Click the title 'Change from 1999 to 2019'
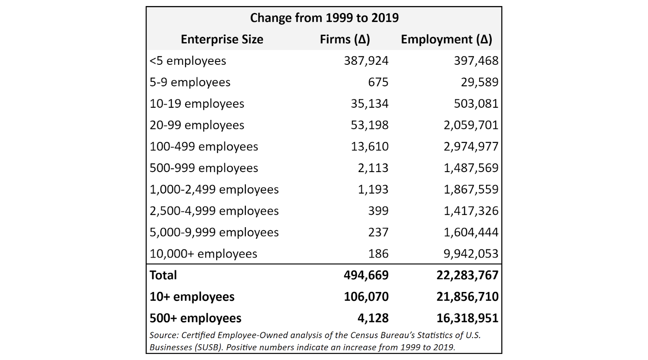coord(324,18)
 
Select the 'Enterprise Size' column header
coord(222,39)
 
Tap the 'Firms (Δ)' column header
coord(345,39)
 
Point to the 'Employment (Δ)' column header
coord(446,39)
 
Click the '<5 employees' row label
coord(188,61)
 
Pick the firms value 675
coord(378,82)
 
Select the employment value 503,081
coord(476,104)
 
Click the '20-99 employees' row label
coord(197,125)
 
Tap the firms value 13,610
coord(369,147)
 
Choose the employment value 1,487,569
coord(471,168)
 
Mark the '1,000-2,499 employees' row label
coord(214,190)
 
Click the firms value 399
coord(378,211)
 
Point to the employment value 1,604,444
coord(471,232)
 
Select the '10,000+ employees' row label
coord(203,254)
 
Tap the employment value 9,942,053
coord(471,254)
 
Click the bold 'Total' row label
coord(163,275)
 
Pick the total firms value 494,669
coord(366,275)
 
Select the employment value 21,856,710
coord(467,297)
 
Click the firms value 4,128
coord(373,318)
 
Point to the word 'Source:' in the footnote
coord(164,335)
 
